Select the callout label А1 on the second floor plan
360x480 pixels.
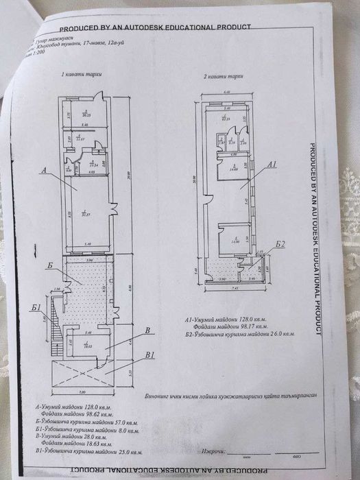coord(272,165)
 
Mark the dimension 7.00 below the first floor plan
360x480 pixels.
coord(82,392)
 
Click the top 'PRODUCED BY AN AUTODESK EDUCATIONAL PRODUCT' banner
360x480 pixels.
coord(155,28)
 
